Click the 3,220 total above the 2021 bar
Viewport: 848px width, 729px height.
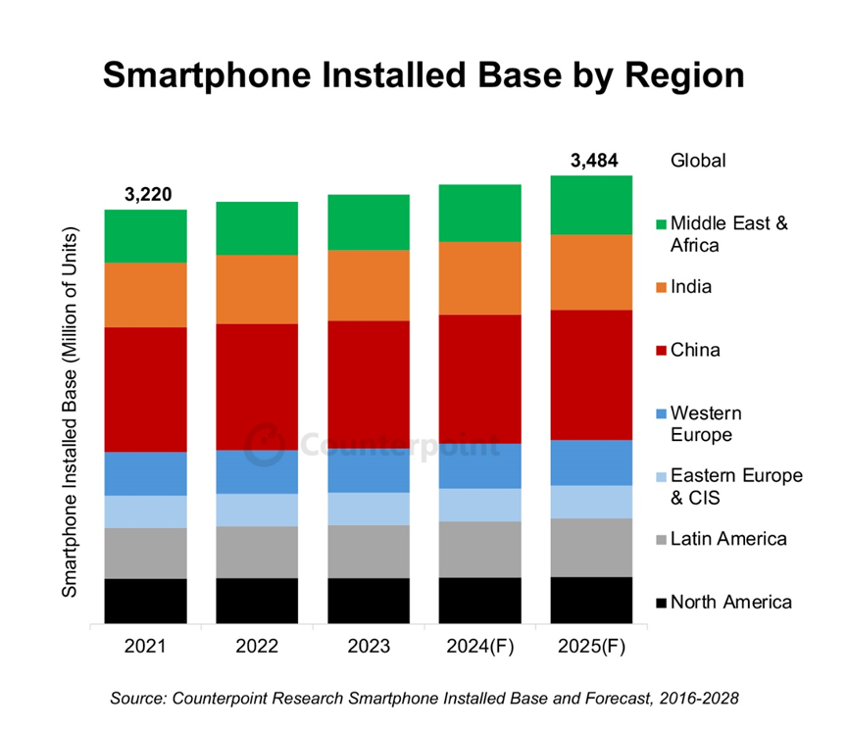(148, 194)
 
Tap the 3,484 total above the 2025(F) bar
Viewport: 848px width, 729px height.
(593, 161)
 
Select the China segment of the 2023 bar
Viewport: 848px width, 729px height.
(369, 384)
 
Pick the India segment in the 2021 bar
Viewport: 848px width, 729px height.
(146, 295)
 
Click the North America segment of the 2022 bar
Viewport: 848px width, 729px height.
(257, 600)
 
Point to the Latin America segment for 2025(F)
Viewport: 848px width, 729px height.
(591, 547)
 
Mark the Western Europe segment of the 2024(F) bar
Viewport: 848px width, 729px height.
(479, 465)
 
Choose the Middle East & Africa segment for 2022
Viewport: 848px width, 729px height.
(257, 228)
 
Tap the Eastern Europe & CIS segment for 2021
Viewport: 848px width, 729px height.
(146, 511)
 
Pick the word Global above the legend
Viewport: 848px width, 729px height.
(698, 161)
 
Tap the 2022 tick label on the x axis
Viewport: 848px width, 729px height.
(257, 647)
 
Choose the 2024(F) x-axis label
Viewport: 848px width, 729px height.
(479, 647)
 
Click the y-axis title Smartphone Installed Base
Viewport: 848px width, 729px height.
(71, 411)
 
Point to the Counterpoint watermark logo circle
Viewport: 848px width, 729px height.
(262, 445)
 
